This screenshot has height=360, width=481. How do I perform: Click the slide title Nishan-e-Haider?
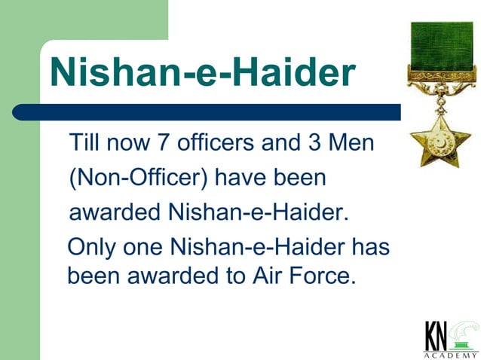click(x=202, y=72)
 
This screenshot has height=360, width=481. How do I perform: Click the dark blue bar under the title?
click(x=204, y=112)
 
